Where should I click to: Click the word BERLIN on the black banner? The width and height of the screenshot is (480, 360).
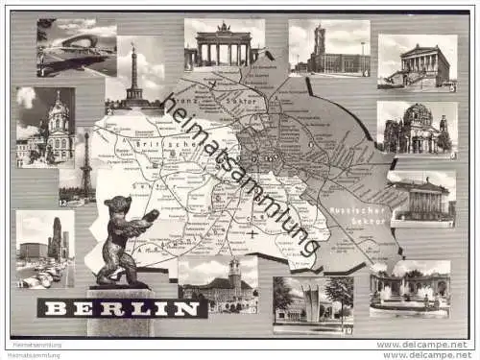[122, 308]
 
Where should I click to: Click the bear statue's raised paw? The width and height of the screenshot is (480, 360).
[151, 214]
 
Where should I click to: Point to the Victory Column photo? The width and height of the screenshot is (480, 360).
[134, 72]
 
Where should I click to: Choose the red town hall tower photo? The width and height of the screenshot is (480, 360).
[328, 48]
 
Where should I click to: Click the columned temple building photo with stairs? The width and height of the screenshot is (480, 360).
[417, 61]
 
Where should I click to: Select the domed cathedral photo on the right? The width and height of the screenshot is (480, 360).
[416, 129]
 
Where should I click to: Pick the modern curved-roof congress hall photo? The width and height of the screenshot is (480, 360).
[75, 47]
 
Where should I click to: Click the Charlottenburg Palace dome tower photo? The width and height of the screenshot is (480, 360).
[45, 126]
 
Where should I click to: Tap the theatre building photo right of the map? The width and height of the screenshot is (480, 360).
[421, 199]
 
